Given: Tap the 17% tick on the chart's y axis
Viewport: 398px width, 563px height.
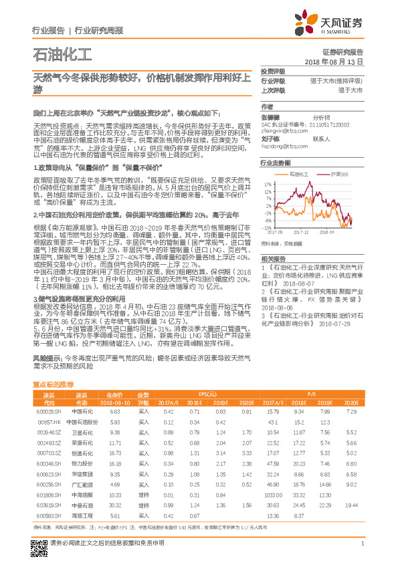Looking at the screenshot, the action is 268,182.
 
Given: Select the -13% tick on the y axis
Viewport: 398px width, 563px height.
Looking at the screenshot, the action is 267,227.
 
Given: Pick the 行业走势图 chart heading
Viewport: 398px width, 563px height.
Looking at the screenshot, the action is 276,162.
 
